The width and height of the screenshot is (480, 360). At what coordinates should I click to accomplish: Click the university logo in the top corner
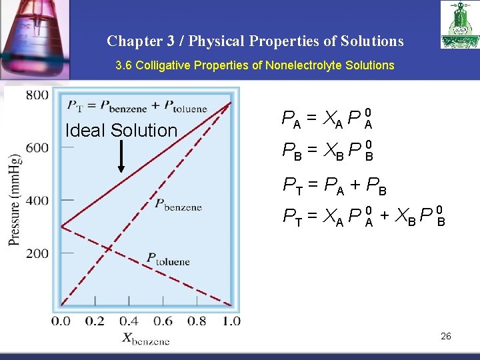tap(459, 25)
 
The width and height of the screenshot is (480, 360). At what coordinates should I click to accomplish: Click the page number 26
tap(446, 336)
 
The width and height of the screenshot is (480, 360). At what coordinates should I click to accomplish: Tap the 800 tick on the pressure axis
tap(37, 95)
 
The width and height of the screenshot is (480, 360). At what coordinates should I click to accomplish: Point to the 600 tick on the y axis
tap(37, 147)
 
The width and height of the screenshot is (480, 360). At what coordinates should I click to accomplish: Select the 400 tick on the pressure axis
tap(37, 200)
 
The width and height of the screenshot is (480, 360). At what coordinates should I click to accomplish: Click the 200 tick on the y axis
tap(37, 253)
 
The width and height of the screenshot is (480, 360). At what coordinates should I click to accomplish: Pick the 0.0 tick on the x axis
tap(61, 321)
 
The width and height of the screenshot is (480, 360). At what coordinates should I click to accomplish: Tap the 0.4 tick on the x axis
tap(129, 321)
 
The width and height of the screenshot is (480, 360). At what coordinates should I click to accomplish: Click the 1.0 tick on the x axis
tap(231, 321)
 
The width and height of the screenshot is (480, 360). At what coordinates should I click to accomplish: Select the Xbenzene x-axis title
tap(146, 339)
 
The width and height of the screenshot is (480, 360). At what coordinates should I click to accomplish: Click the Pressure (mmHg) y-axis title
tap(15, 200)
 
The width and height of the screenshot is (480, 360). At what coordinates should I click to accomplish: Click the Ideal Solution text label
tap(121, 131)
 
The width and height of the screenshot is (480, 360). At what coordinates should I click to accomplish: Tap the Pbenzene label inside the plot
tap(178, 205)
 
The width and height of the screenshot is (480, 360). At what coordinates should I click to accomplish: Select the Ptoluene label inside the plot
tap(168, 259)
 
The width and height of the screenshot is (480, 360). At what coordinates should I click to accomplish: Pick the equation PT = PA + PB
tap(335, 185)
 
